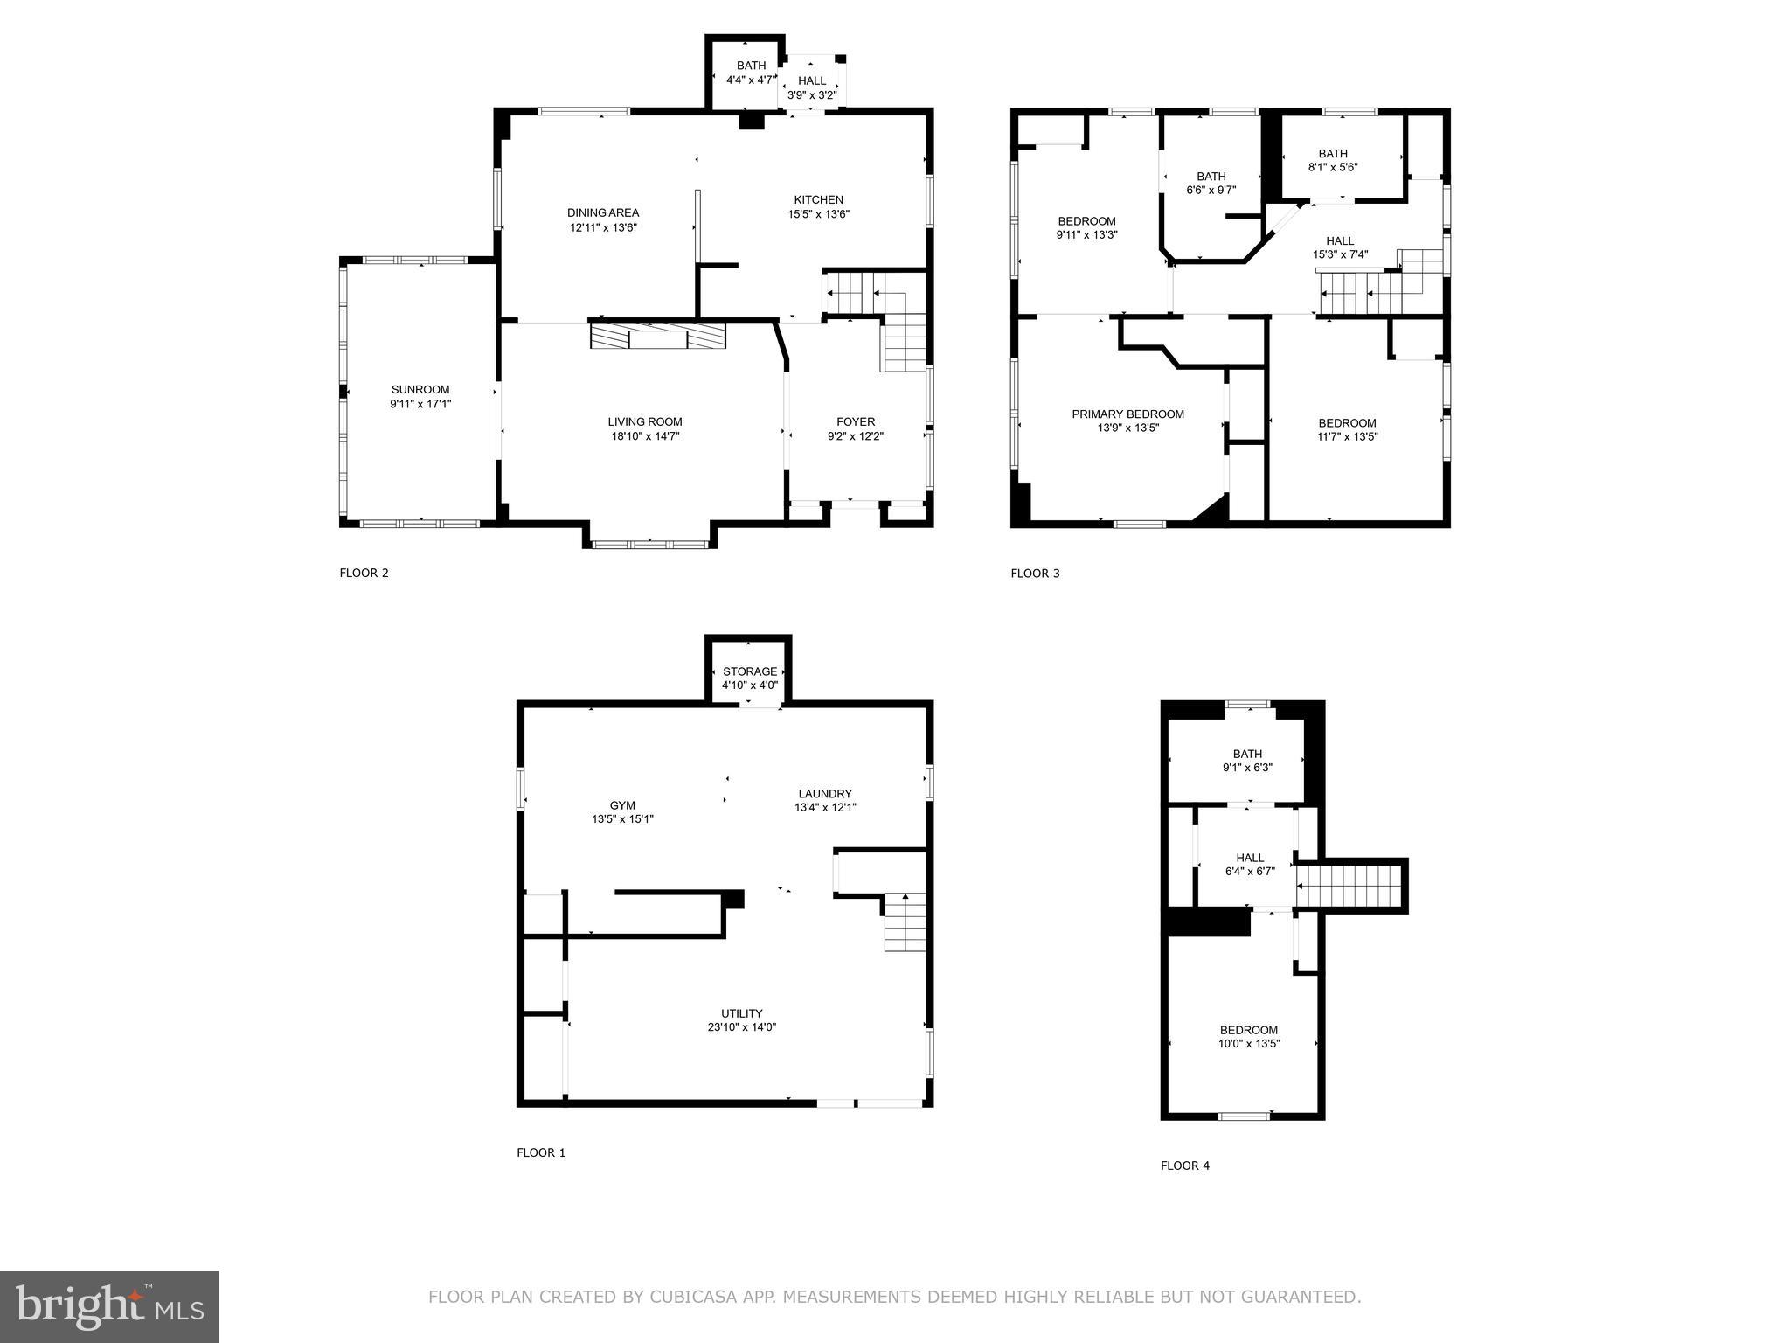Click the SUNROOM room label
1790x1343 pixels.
420,390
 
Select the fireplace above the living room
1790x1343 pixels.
657,337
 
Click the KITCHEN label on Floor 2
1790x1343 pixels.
818,200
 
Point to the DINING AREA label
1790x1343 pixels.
603,212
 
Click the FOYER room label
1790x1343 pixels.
855,422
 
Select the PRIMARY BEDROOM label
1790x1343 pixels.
1127,414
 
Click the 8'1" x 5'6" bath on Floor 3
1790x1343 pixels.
1333,160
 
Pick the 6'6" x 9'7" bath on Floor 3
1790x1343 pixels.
1211,183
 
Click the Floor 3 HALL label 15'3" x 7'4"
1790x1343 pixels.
1340,241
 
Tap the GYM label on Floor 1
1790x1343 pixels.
622,805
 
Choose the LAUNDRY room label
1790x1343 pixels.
824,794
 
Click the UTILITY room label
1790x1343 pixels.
741,1013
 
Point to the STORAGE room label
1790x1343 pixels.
749,671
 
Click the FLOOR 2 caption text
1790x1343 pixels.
364,574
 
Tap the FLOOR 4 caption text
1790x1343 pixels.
1185,1166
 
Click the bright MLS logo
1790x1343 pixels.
109,1306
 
